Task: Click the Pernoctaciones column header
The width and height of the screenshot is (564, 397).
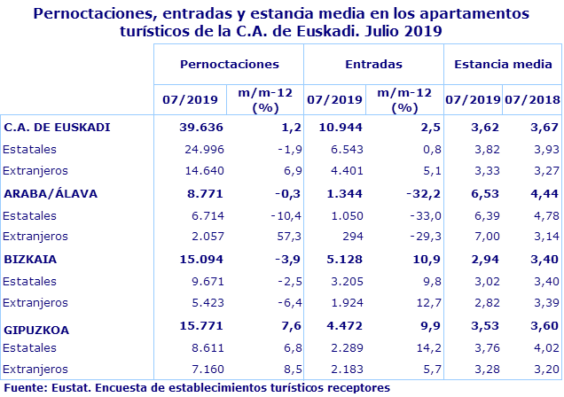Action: [229, 65]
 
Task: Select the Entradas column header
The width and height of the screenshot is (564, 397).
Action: [373, 65]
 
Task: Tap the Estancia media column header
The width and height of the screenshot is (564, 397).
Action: [502, 65]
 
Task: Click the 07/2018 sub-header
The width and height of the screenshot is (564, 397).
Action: [533, 99]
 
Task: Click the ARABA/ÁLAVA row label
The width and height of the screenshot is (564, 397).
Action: [51, 193]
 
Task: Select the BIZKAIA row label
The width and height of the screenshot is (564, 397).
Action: [30, 261]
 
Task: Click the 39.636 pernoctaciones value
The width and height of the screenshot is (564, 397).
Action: [200, 127]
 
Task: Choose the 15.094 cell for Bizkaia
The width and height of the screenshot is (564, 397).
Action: [200, 261]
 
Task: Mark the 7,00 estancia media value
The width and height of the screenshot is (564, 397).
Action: [474, 237]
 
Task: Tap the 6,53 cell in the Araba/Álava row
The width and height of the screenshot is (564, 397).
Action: [474, 193]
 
